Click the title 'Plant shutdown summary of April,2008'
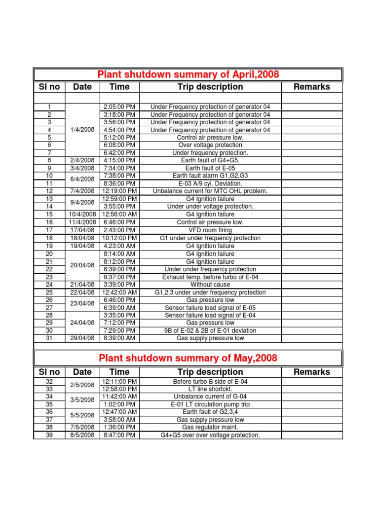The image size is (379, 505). (x=188, y=74)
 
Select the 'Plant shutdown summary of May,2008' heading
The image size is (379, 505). (x=188, y=358)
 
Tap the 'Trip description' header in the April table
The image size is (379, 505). (x=210, y=87)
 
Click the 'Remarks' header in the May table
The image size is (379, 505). (x=311, y=372)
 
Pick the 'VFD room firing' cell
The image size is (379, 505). (x=210, y=230)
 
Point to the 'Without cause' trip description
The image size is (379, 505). (x=210, y=285)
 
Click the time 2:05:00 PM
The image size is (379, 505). (x=119, y=107)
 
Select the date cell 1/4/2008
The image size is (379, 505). (x=82, y=130)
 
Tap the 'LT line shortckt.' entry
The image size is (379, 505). (x=210, y=389)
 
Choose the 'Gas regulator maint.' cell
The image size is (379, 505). (x=210, y=427)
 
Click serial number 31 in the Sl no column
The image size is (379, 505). (x=49, y=338)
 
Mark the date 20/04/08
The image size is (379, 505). (x=82, y=265)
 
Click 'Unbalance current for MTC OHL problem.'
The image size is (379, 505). (x=210, y=191)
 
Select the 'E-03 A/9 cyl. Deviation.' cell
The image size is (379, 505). (x=210, y=183)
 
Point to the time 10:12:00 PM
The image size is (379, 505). (x=119, y=238)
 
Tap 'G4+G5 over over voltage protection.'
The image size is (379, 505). (x=210, y=435)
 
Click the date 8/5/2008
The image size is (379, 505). (x=82, y=435)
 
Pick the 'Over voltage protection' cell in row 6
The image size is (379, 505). (x=210, y=145)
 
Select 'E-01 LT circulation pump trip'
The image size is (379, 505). (x=210, y=404)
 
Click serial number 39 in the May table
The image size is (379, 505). (x=49, y=435)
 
